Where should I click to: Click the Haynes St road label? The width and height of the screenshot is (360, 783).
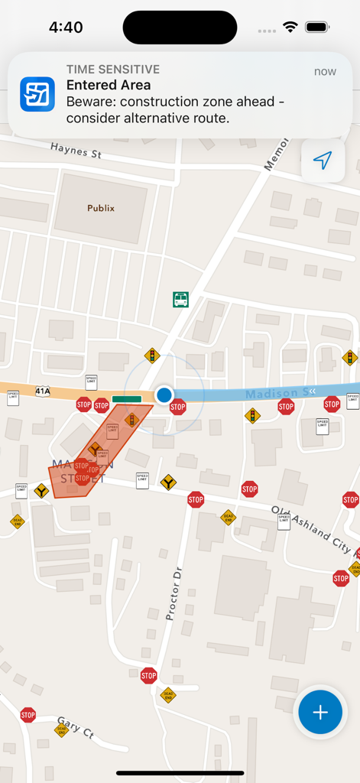pyautogui.click(x=76, y=150)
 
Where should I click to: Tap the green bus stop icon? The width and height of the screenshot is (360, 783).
pyautogui.click(x=180, y=300)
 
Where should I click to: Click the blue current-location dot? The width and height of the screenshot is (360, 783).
pyautogui.click(x=164, y=395)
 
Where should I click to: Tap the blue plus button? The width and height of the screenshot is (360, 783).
pyautogui.click(x=319, y=713)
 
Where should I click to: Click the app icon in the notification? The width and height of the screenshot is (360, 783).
pyautogui.click(x=37, y=94)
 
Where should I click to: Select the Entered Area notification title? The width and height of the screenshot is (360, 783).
pyautogui.click(x=109, y=85)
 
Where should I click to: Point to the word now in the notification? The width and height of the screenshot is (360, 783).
pyautogui.click(x=325, y=71)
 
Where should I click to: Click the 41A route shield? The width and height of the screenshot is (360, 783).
pyautogui.click(x=42, y=391)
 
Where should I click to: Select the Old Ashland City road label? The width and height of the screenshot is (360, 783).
pyautogui.click(x=310, y=528)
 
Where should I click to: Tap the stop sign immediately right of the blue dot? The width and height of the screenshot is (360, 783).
pyautogui.click(x=178, y=407)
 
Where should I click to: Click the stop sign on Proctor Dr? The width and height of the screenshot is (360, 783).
pyautogui.click(x=149, y=675)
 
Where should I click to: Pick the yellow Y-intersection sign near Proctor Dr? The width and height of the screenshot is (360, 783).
pyautogui.click(x=167, y=482)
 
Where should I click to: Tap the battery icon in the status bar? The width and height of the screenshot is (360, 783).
pyautogui.click(x=316, y=27)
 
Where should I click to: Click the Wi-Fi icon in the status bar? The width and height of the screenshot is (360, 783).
pyautogui.click(x=290, y=27)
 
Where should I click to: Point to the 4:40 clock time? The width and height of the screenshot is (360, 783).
pyautogui.click(x=66, y=28)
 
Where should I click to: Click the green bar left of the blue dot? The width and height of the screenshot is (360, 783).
pyautogui.click(x=126, y=398)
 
